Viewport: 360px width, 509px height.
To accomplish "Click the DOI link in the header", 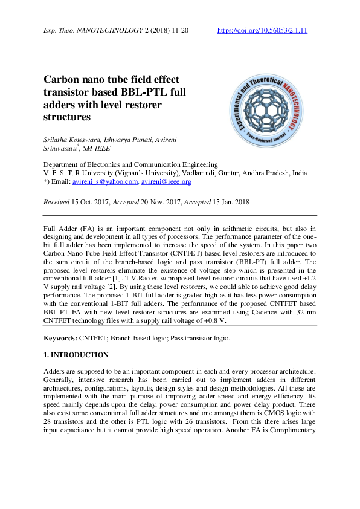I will pyautogui.click(x=262, y=30).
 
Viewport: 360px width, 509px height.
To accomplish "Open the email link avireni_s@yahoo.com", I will pyautogui.click(x=105, y=181).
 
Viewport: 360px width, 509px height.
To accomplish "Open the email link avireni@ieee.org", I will pyautogui.click(x=166, y=181).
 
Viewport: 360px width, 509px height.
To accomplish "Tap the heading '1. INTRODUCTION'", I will pyautogui.click(x=76, y=355).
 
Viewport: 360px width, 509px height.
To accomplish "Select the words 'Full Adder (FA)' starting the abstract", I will pyautogui.click(x=68, y=229).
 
